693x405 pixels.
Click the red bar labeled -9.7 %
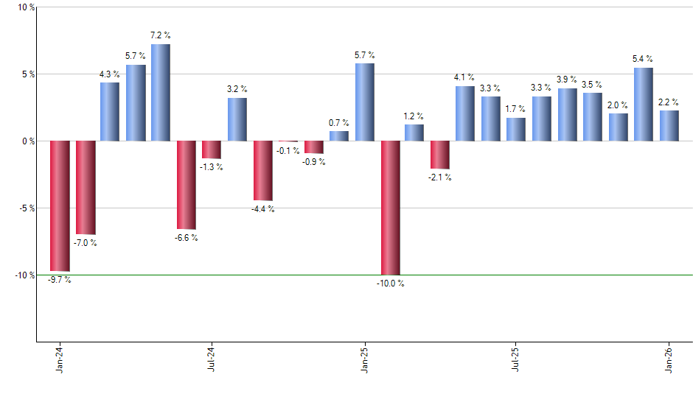coord(60,205)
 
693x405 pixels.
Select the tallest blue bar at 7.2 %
coord(161,92)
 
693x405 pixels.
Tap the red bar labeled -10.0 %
coord(390,208)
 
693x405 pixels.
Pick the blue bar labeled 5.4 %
coord(644,104)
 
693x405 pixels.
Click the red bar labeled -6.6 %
coord(187,185)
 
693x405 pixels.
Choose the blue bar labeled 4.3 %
coord(110,111)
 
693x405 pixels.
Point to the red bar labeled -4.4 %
coord(263,170)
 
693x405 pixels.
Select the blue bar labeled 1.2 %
coord(414,133)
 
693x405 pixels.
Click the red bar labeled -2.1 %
coord(440,155)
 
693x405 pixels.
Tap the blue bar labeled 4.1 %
coord(464,113)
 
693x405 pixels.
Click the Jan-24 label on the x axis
coord(60,359)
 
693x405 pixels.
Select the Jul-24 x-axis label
coord(212,359)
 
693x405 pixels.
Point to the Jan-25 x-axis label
coord(364,359)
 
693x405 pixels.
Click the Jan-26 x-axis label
coord(669,359)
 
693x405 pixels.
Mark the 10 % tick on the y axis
coord(26,7)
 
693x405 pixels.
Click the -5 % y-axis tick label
coord(26,208)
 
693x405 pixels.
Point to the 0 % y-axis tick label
coord(28,141)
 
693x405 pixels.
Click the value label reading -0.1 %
coord(288,151)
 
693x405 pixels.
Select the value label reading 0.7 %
coord(338,122)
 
